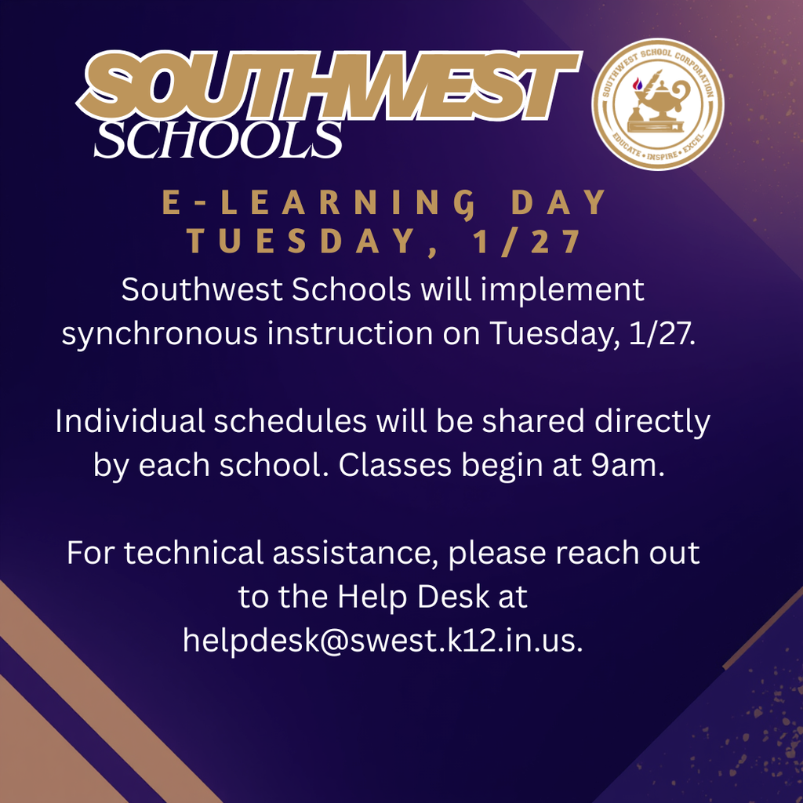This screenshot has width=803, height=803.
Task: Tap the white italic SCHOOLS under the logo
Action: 218,140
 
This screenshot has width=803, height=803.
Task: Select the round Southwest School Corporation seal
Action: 657,104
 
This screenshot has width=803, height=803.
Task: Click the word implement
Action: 562,291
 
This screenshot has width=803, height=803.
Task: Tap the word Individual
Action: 128,423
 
